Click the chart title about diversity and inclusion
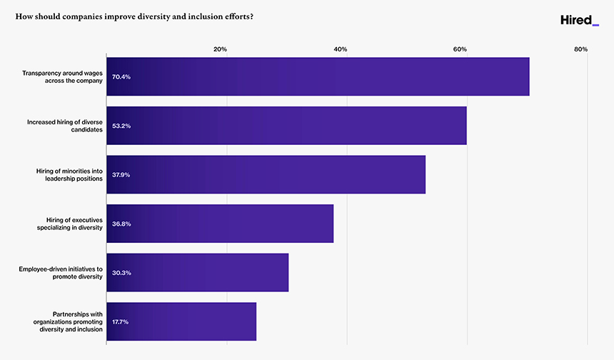pos(135,16)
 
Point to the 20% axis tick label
pos(221,49)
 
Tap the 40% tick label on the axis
pos(341,49)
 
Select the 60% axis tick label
pos(460,49)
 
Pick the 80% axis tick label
pos(580,49)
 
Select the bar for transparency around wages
pos(318,76)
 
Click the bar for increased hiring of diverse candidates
pos(286,126)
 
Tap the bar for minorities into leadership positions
pos(266,175)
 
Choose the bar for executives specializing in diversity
pos(220,224)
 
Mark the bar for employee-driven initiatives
pos(197,273)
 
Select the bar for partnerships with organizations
pos(181,321)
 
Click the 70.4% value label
pos(121,76)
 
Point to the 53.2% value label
pos(121,126)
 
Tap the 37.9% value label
pos(121,175)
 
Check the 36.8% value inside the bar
pos(121,224)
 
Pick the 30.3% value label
pos(121,273)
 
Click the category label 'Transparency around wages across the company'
pos(63,76)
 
